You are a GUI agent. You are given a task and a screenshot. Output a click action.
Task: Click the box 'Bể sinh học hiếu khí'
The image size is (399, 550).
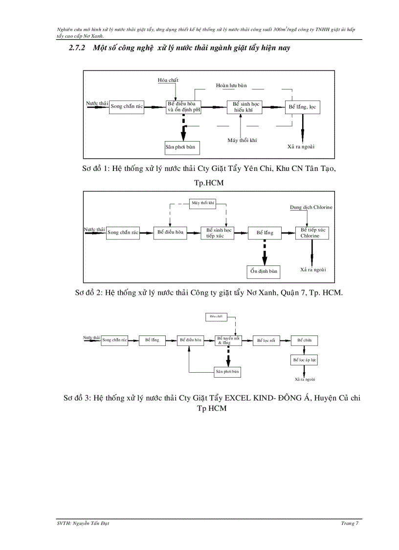tap(244, 107)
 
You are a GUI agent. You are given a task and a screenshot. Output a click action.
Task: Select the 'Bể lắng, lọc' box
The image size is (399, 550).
tap(303, 107)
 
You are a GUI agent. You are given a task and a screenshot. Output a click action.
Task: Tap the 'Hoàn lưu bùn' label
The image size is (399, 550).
tap(231, 85)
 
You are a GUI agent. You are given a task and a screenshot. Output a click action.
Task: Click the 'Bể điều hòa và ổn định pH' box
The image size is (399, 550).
tap(184, 107)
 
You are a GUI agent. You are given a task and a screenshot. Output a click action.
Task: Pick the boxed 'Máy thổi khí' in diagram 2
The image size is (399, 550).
tap(203, 203)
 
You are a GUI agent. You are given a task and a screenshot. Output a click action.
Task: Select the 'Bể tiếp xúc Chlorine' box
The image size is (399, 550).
tap(312, 233)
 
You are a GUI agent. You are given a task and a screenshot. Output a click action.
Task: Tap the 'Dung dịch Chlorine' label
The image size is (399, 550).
tap(311, 207)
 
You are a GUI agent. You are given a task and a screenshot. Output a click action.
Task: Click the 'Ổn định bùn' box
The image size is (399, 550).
tap(264, 271)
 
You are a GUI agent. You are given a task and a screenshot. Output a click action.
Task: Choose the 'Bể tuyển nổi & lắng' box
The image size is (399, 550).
tap(227, 340)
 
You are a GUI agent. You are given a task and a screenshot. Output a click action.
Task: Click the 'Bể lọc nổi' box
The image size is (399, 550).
tap(266, 340)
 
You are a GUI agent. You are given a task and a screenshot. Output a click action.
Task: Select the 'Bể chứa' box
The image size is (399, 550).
tap(305, 340)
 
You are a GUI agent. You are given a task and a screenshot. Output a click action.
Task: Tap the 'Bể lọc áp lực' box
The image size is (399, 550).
tap(305, 360)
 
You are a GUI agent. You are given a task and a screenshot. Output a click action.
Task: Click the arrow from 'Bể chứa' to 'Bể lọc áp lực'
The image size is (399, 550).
tap(305, 350)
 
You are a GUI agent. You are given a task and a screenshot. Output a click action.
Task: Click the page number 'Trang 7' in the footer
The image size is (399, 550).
tap(350, 524)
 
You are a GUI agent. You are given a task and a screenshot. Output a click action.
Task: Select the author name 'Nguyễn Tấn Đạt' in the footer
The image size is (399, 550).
tap(87, 524)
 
